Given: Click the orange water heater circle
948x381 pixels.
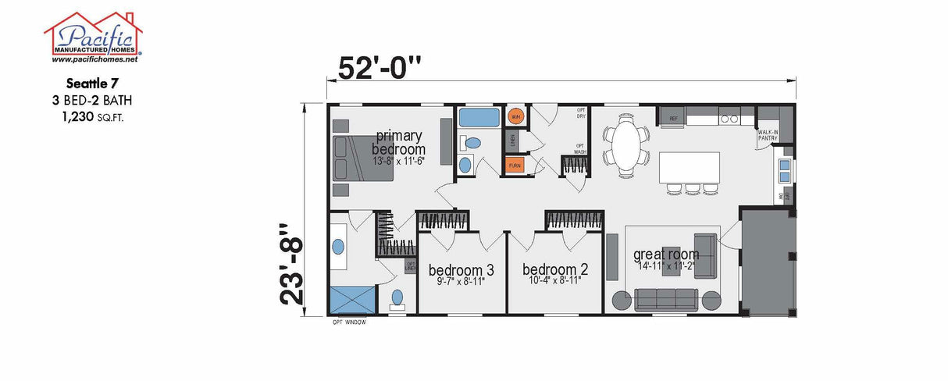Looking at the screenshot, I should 515,117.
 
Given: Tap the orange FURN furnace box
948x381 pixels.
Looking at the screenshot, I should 515,165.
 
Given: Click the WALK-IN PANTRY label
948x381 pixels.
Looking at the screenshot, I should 768,136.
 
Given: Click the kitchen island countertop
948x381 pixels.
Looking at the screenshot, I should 690,166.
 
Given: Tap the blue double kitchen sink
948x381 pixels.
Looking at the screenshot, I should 786,169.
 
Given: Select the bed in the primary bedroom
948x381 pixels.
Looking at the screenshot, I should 362,158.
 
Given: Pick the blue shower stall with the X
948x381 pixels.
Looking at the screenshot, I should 351,299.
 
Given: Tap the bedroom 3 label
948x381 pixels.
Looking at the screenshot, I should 461,270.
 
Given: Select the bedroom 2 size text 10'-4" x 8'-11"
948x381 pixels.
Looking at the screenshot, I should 554,281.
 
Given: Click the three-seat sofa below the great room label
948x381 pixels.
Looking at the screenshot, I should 666,299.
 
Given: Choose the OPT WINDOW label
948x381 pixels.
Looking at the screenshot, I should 348,322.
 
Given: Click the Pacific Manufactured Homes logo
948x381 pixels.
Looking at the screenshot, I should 93,36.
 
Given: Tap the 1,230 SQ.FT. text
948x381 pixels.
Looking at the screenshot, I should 93,117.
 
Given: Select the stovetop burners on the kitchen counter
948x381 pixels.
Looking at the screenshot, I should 729,119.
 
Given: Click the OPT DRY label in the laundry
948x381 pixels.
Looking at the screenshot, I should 581,112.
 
